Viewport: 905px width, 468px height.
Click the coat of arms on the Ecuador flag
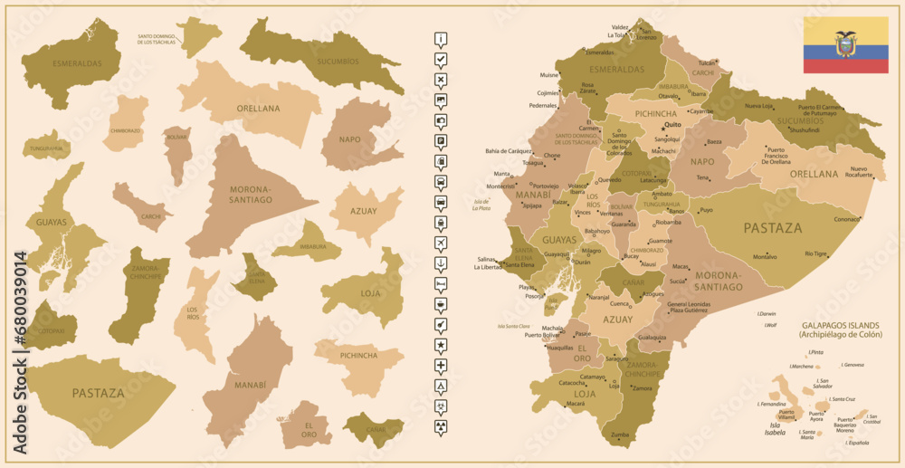(846, 44)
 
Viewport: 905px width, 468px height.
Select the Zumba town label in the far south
(620, 435)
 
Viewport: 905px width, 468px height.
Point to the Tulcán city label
(706, 63)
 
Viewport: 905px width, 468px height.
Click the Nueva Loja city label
(758, 106)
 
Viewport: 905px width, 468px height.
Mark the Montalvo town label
(765, 257)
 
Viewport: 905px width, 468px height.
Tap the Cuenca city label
(618, 304)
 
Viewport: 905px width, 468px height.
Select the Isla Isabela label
(776, 428)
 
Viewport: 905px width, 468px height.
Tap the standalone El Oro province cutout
(308, 425)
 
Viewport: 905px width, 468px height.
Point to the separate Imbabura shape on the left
(309, 245)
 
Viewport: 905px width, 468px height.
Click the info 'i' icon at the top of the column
(440, 39)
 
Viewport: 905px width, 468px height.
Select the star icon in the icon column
(440, 345)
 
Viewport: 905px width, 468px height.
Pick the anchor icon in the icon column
(440, 263)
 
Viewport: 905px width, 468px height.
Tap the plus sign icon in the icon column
(440, 365)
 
